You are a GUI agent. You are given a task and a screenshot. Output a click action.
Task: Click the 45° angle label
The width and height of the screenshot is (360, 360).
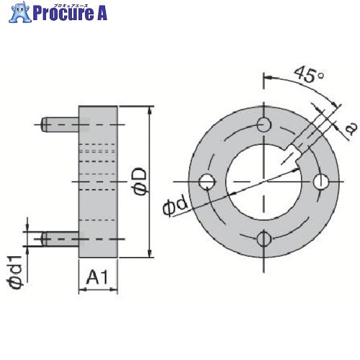pos(309,75)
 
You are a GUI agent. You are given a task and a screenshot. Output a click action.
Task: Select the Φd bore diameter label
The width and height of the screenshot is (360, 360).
pos(175,207)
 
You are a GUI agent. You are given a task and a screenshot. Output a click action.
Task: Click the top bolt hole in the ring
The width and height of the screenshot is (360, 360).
pos(264,125)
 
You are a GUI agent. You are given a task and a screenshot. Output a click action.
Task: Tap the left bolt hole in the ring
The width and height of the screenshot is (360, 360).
pos(207,181)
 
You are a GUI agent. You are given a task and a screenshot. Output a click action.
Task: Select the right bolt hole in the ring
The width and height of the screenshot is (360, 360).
pos(321,181)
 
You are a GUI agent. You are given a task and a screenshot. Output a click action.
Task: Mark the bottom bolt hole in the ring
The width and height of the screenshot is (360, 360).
pos(264,239)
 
